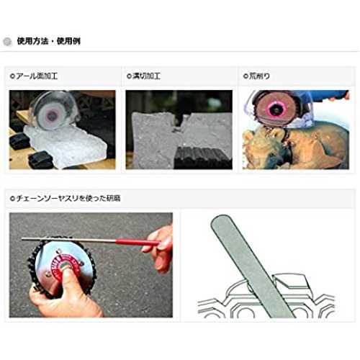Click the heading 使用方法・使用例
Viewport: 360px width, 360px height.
[x=49, y=41]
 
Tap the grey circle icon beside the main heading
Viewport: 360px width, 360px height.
[x=7, y=42]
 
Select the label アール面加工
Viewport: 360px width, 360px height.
[x=37, y=76]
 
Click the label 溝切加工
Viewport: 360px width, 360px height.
[x=146, y=76]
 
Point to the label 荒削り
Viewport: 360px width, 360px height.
[x=259, y=76]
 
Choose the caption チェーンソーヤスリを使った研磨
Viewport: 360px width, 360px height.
[x=68, y=198]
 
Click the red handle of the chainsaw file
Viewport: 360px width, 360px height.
[x=138, y=242]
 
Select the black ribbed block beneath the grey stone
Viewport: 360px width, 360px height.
[x=203, y=158]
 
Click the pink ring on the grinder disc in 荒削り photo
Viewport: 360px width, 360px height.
[x=276, y=109]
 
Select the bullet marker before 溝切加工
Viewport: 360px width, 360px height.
[x=129, y=76]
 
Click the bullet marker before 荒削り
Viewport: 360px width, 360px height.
[x=246, y=76]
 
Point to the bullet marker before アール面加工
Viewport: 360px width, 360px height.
[x=12, y=76]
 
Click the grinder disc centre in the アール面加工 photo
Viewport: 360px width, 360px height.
[x=51, y=116]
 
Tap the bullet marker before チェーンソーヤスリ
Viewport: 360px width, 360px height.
[x=12, y=199]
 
